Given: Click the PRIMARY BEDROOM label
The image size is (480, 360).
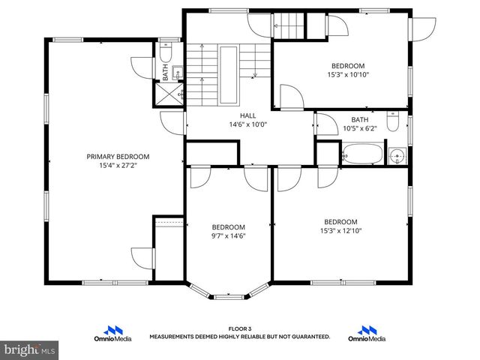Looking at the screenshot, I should tap(118, 157).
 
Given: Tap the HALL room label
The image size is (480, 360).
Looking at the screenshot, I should tap(248, 115).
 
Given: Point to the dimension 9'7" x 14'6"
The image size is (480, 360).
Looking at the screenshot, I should tap(228, 236).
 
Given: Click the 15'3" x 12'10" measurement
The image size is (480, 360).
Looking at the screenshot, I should tap(340, 230).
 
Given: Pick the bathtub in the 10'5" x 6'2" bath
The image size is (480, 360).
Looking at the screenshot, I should tap(361, 157).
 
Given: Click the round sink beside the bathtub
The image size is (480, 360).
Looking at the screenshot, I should tap(397, 156).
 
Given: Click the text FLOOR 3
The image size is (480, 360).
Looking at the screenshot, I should tap(239, 329).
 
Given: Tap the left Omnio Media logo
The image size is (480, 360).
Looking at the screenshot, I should tap(115, 333).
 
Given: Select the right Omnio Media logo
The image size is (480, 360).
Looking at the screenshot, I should tap(367, 333).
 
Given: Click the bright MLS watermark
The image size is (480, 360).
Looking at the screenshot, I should tap(30, 349).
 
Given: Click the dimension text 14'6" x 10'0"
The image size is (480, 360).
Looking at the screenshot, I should tap(248, 124).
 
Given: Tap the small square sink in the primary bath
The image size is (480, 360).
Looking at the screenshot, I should tap(176, 72).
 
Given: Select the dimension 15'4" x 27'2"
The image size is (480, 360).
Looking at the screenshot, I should tap(118, 166).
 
